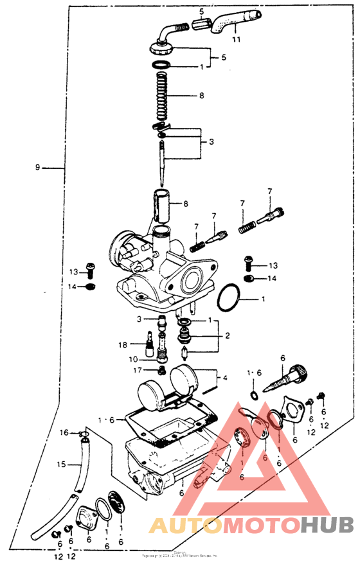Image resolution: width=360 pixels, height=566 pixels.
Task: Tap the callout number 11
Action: coord(236,40)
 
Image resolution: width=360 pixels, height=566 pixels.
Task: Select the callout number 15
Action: coord(61,464)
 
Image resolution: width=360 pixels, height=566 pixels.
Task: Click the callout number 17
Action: coord(136,370)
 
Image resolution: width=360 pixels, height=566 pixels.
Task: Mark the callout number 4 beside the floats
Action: coord(224,378)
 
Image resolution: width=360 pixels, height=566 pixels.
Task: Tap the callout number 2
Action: coord(226,335)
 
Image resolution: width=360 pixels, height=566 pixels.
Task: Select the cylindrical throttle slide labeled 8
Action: coord(161,204)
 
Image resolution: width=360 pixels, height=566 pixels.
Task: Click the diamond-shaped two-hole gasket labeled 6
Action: coord(295,410)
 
